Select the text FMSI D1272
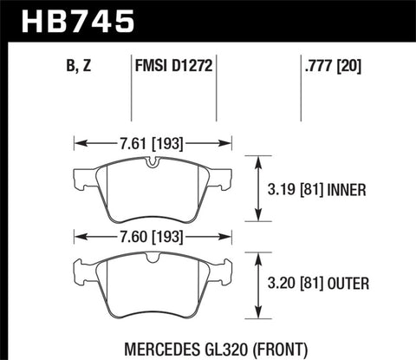(172, 62)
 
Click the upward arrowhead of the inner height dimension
(258, 159)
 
